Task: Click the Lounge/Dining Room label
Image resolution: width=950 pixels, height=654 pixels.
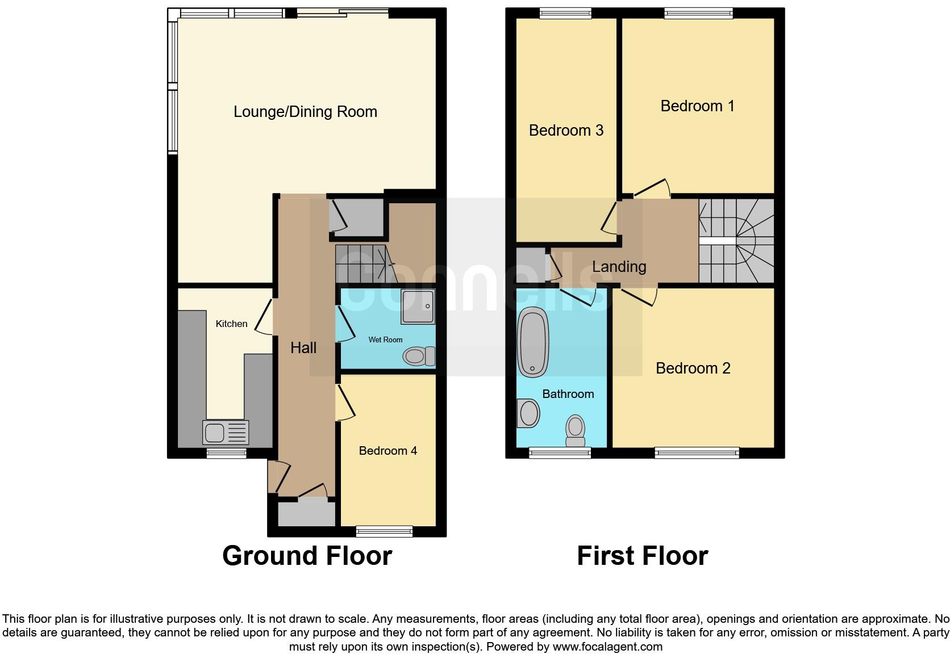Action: (x=305, y=112)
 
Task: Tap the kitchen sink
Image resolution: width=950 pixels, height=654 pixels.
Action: (x=226, y=433)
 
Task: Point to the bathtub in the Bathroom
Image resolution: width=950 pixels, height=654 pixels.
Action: (x=533, y=342)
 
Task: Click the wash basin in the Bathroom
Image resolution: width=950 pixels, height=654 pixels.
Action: (x=528, y=413)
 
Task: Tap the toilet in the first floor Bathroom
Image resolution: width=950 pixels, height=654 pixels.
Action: (x=576, y=431)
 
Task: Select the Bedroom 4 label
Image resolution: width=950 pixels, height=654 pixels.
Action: (x=388, y=451)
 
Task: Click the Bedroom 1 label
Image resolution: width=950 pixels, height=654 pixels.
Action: (x=697, y=106)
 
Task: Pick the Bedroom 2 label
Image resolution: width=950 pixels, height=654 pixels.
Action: (x=693, y=368)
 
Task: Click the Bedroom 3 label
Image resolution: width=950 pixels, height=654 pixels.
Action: (x=566, y=131)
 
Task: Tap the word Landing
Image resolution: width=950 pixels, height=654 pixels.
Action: (x=619, y=267)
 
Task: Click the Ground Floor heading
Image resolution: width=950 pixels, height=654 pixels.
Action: (x=307, y=556)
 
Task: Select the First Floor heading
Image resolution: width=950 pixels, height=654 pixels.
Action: (x=642, y=556)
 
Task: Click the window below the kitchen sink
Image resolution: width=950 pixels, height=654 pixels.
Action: (x=226, y=453)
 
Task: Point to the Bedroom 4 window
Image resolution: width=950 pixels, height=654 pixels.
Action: (x=384, y=531)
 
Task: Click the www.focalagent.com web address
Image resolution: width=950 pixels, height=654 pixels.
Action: (x=607, y=646)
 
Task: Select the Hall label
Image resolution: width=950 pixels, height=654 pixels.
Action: (x=303, y=348)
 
